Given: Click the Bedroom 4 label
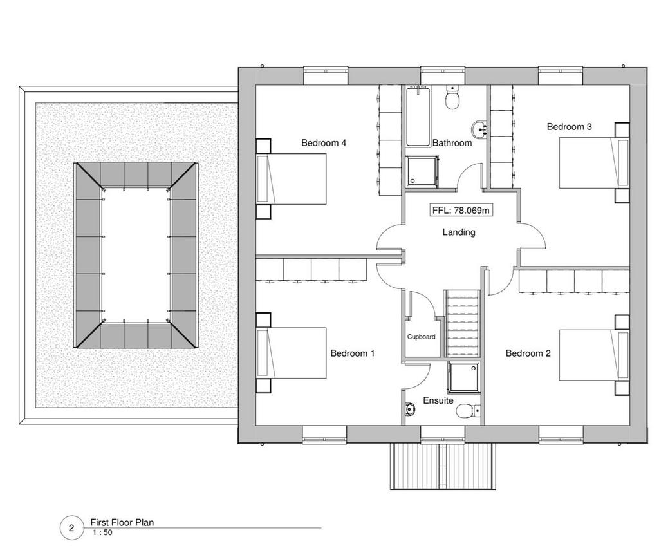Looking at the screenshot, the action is pos(324,143).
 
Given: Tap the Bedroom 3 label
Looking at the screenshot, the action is pos(569,127).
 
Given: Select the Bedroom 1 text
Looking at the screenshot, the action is pos(352,353).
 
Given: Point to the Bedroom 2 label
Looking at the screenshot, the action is pos(528,353).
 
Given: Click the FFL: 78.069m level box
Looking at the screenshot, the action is pos(461,210).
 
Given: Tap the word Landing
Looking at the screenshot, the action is pos(459,232).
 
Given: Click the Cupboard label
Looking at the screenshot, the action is pos(421,337).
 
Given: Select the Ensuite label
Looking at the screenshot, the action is pos(438,400).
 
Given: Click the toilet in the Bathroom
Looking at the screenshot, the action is pos(452,98).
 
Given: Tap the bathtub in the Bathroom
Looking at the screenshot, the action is pos(418,116).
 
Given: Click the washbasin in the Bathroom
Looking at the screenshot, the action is pos(479,129).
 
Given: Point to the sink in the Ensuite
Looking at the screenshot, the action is pos(410,409).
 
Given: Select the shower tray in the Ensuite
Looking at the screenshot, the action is pos(464,377).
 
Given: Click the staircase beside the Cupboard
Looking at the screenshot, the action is pos(462,324).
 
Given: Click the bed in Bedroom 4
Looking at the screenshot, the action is pos(292,179).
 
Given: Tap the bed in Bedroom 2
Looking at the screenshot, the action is pos(594,355).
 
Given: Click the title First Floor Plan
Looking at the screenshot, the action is pos(122,522).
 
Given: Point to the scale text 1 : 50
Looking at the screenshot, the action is pos(102,532).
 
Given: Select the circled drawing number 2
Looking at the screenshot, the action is pos(71,528).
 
